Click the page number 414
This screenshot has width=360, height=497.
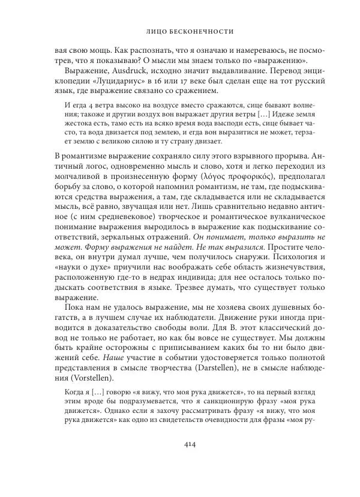[x=179, y=460]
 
